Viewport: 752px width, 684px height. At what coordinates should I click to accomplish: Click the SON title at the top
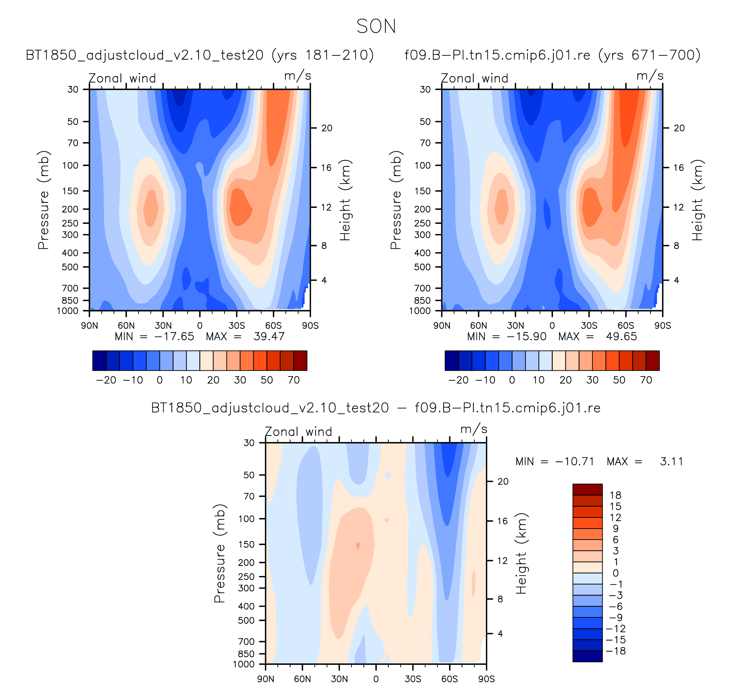(x=376, y=26)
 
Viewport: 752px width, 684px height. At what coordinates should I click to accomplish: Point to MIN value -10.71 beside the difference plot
(x=574, y=461)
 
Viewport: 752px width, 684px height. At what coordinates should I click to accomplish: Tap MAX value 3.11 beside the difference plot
(x=671, y=461)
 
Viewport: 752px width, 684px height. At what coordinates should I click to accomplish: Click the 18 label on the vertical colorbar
(x=615, y=495)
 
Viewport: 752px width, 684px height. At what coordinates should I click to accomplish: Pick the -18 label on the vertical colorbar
(x=615, y=651)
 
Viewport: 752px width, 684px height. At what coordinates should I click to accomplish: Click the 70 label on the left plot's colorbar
(x=293, y=380)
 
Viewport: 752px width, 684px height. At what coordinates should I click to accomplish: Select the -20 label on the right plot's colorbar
(x=459, y=380)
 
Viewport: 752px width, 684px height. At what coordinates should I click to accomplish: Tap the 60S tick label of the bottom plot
(x=450, y=679)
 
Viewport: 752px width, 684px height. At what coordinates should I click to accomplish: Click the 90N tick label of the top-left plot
(x=89, y=326)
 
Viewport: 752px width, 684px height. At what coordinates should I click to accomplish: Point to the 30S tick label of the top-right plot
(x=589, y=326)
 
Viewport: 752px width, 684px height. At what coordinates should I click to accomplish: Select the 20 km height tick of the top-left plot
(x=327, y=128)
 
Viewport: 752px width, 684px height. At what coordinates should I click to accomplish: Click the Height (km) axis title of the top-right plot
(x=697, y=200)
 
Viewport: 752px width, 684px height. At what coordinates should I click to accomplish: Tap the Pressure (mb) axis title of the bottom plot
(x=220, y=554)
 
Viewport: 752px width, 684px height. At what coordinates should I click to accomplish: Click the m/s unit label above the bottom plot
(x=474, y=429)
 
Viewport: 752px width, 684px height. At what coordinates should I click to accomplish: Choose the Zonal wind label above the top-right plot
(x=474, y=78)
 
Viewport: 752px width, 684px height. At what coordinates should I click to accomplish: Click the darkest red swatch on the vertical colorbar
(x=587, y=489)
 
